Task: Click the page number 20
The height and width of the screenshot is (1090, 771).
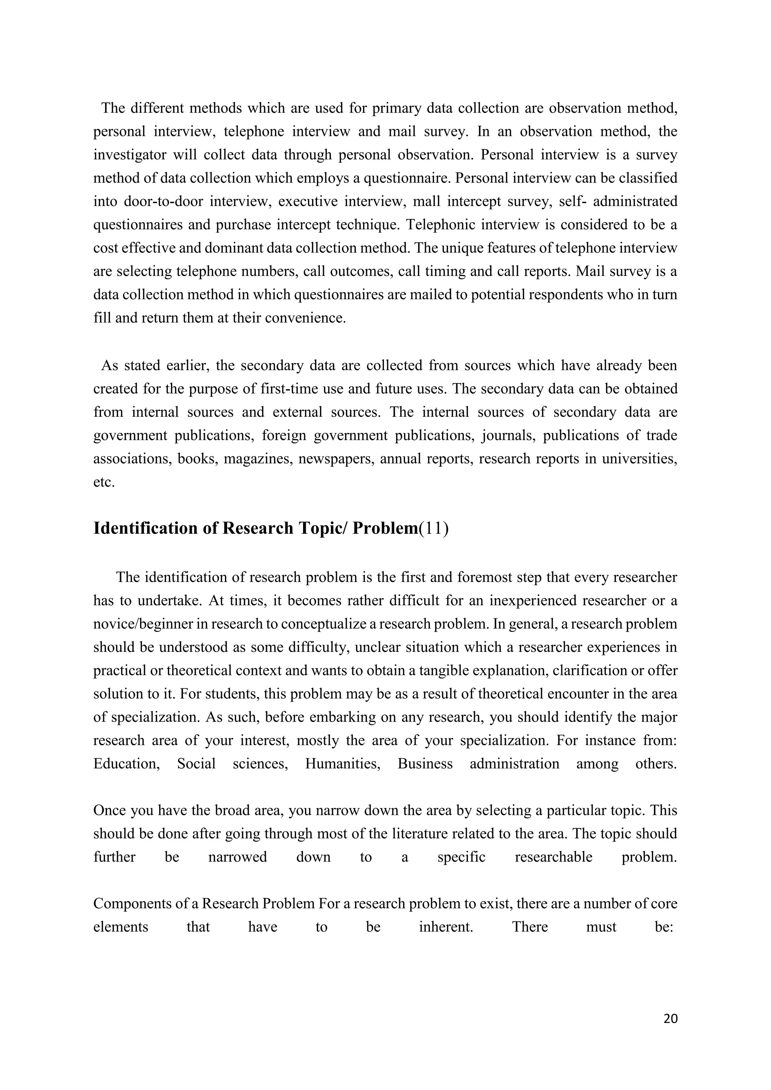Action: click(670, 1019)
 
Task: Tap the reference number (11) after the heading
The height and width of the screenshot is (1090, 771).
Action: click(433, 528)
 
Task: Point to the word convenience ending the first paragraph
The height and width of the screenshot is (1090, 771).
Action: click(305, 318)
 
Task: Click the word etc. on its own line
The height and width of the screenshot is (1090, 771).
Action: click(104, 483)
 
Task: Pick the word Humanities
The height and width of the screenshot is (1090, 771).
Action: click(342, 764)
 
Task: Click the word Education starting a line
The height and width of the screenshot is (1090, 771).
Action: click(126, 764)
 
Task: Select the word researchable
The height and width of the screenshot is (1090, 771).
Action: click(553, 857)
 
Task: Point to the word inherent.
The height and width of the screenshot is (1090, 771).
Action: click(446, 927)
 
